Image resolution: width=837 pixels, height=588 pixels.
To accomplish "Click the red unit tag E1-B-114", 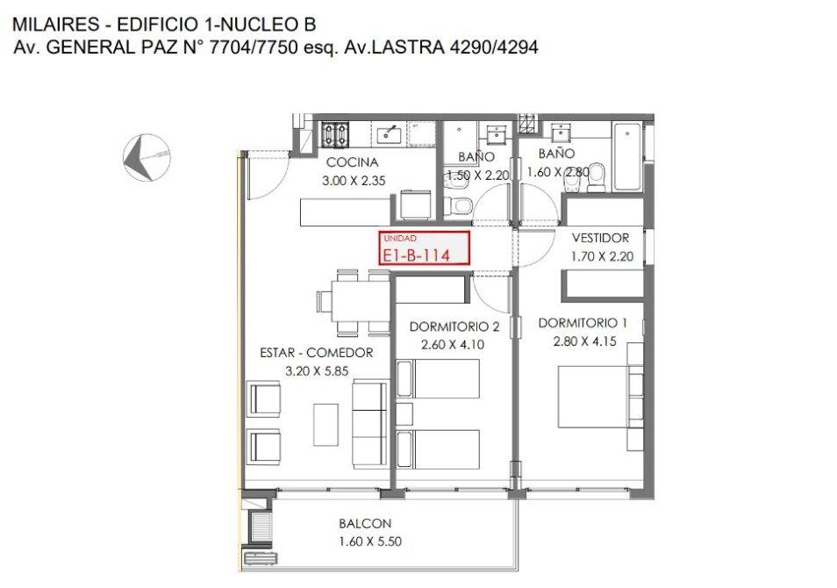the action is [x=425, y=247].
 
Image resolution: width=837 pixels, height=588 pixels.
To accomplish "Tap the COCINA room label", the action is [x=353, y=162].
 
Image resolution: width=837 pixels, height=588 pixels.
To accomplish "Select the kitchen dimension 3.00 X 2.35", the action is [x=354, y=181].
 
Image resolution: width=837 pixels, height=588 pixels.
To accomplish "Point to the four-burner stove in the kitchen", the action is [x=335, y=134].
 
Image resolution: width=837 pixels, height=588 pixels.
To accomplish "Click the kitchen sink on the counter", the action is [x=390, y=133].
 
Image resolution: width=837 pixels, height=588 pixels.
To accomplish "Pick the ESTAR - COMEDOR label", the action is [x=317, y=353].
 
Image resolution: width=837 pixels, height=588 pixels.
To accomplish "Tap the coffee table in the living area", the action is [x=325, y=425].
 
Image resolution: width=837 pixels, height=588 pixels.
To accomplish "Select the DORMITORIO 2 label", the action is [x=454, y=326].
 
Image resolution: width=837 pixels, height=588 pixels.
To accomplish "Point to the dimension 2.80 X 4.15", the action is [x=584, y=341].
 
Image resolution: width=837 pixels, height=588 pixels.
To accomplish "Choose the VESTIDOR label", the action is [x=600, y=238].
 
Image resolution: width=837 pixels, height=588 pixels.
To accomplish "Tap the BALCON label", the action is [x=365, y=523].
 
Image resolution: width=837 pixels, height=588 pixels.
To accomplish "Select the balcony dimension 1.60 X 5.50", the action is [x=370, y=541].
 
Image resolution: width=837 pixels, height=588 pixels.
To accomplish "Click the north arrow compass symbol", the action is [x=147, y=158].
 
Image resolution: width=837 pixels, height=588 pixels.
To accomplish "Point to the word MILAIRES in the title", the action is [x=55, y=25].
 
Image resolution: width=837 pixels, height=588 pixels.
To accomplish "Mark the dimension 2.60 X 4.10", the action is [x=453, y=345].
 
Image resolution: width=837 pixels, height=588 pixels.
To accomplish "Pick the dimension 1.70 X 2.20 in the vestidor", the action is [x=602, y=257].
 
